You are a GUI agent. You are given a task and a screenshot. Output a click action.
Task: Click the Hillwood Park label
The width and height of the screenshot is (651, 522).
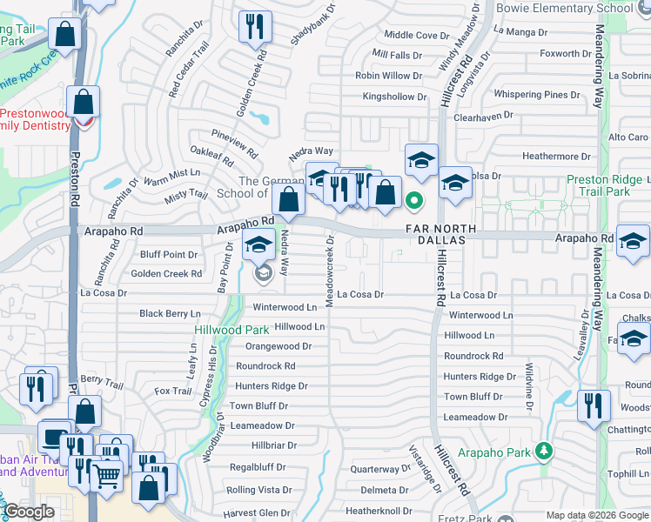pos(231,331)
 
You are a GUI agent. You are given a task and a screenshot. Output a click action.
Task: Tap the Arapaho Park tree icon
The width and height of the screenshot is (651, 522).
pos(544,450)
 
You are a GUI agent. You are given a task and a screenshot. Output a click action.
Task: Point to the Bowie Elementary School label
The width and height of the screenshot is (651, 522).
pos(564,7)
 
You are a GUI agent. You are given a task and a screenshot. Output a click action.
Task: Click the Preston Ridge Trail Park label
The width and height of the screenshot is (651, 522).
pos(598,185)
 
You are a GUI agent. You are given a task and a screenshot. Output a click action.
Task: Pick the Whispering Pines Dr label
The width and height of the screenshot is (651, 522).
pos(536,94)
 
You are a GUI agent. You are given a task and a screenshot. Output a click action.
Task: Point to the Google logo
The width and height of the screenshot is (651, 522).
pos(29,512)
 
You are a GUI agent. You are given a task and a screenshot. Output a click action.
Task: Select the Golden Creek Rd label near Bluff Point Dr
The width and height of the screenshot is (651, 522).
pos(166,274)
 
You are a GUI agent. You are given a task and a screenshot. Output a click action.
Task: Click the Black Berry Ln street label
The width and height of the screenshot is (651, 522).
pos(170,313)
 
